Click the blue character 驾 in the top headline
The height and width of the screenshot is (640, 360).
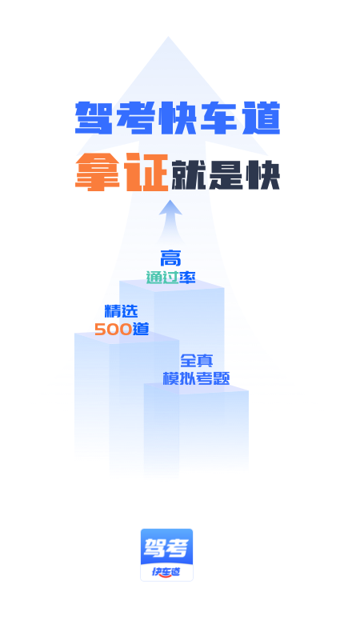tap(94, 118)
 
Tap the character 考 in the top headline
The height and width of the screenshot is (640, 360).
tap(135, 118)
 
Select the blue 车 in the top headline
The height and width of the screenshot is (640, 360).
tap(219, 118)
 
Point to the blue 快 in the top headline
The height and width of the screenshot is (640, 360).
tap(178, 118)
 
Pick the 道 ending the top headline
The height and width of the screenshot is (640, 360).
tap(262, 118)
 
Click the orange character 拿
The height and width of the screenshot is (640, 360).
tap(98, 172)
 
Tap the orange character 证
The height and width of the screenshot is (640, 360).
tap(146, 172)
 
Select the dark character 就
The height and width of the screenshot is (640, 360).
tap(188, 175)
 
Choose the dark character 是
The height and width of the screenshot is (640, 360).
tap(226, 175)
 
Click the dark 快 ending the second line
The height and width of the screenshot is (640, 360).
tap(263, 175)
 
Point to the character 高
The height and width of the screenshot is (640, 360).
tap(170, 258)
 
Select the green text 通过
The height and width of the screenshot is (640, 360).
tap(162, 278)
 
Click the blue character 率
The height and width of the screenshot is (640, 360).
tap(187, 278)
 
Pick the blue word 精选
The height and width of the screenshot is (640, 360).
tap(122, 311)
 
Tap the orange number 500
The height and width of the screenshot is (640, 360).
tap(114, 329)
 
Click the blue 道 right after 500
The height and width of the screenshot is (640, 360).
tap(141, 329)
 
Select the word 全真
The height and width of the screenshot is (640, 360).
tap(196, 361)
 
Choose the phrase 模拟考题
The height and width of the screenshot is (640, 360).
tap(196, 378)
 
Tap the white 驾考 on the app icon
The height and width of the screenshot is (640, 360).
tap(166, 548)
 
